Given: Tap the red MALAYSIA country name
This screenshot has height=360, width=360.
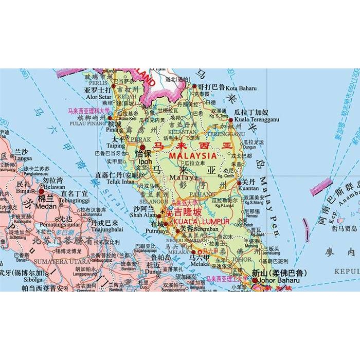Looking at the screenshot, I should click(193, 155).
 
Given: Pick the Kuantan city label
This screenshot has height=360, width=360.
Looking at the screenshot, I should click(248, 188).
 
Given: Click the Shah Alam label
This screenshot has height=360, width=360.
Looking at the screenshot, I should click(144, 215).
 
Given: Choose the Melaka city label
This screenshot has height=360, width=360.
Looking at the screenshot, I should click(199, 262).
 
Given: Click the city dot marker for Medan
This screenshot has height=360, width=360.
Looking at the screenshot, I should click(42, 191).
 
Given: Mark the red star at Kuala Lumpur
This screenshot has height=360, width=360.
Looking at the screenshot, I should click(169, 213).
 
